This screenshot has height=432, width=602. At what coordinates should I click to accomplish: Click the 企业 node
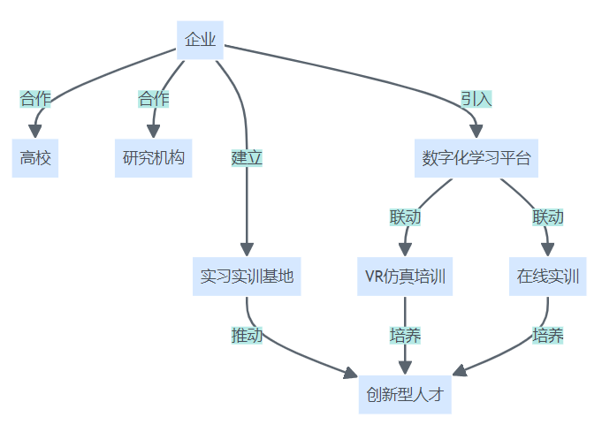pos(200,40)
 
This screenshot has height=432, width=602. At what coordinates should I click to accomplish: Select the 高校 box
pos(35,159)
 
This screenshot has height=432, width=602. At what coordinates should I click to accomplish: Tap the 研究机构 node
pos(154,159)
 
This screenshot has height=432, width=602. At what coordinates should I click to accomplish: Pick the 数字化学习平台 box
pos(476,159)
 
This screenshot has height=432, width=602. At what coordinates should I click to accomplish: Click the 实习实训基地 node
pos(247,277)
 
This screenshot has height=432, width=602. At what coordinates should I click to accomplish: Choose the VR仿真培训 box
pos(406,277)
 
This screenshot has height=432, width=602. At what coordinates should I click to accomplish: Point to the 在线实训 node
pos(548,277)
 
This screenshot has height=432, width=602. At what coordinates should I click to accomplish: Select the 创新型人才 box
pos(406,394)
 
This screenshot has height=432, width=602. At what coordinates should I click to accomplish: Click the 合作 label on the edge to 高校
pos(35,99)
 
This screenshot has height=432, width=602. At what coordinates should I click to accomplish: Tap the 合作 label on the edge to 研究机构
pos(154,99)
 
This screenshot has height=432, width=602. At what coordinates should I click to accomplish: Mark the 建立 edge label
pos(247,158)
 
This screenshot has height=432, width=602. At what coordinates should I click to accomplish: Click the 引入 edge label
pos(476,99)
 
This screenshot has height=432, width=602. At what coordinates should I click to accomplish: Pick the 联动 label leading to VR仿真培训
pos(406,216)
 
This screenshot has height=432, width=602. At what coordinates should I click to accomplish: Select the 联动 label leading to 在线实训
pos(548,216)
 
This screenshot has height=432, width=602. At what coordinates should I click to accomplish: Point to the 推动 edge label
pos(247,336)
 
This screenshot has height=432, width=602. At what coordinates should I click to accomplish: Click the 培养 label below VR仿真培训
pos(406,336)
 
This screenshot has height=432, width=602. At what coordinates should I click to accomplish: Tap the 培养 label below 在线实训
pos(548,336)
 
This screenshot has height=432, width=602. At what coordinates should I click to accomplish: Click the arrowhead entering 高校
pos(35,131)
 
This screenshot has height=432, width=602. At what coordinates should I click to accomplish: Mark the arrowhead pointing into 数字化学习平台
pos(476,131)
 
